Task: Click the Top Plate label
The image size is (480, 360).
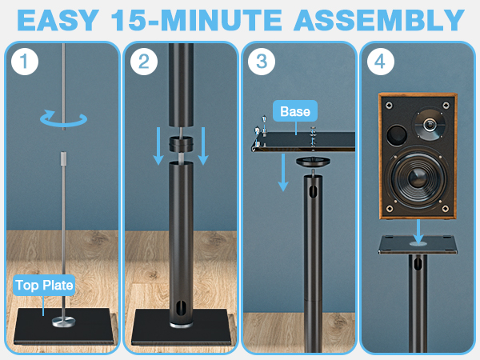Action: (x=44, y=284)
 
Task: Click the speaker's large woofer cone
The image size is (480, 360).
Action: (x=417, y=181)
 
